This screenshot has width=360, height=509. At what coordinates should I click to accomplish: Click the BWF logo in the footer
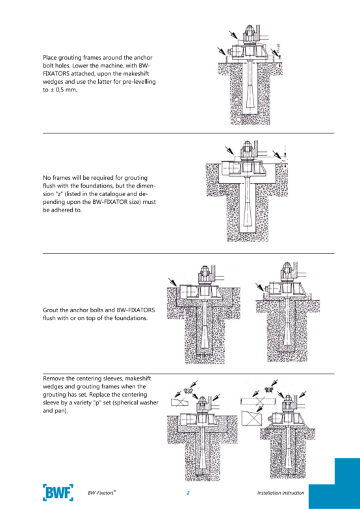[x=58, y=492]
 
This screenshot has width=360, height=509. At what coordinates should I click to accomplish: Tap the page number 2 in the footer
[x=188, y=493]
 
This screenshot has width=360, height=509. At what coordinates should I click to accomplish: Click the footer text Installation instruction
[x=281, y=493]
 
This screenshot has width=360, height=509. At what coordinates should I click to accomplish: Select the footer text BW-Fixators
[x=101, y=492]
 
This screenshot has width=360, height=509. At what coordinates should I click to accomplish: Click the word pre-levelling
[x=140, y=82]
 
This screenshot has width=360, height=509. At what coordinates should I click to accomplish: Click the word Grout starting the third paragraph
[x=49, y=310]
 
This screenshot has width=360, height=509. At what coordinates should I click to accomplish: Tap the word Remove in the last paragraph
[x=52, y=379]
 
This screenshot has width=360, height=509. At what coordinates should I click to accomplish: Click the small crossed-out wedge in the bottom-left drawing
[x=180, y=402]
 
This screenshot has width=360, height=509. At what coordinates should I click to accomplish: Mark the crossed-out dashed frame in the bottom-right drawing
[x=259, y=401]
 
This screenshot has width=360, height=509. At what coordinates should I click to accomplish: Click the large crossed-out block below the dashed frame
[x=252, y=419]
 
